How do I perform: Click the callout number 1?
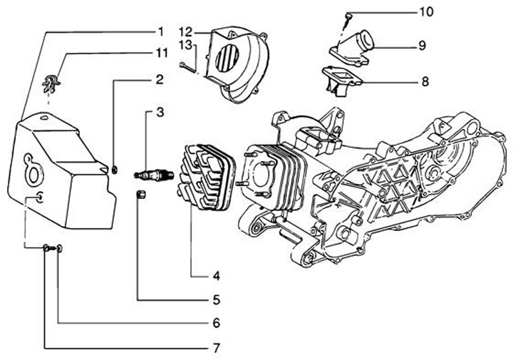tap(160, 31)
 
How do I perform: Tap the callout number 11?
tap(162, 53)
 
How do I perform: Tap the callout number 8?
tap(424, 81)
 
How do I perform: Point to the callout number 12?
tap(185, 31)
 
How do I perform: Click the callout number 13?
tap(185, 44)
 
